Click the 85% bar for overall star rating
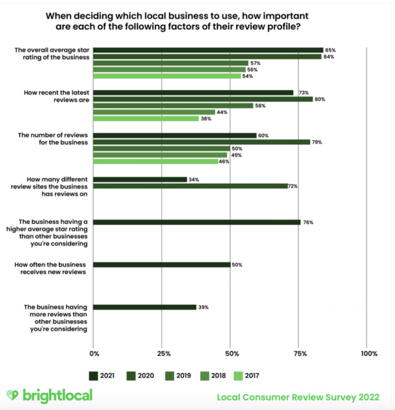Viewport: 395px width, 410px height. point(208,50)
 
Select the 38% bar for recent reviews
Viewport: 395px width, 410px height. point(146,119)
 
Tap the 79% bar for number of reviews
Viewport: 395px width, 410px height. point(202,142)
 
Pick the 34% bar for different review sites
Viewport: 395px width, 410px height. point(140,179)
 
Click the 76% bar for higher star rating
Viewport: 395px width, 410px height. point(197,222)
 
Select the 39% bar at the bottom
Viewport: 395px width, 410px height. point(145,307)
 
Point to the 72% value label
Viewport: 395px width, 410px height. point(293,186)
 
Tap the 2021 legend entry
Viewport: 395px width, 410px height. point(101,375)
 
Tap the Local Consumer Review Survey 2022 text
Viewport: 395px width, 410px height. point(298,397)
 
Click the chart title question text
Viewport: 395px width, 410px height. point(177,21)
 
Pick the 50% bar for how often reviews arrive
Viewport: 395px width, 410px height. point(162,265)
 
